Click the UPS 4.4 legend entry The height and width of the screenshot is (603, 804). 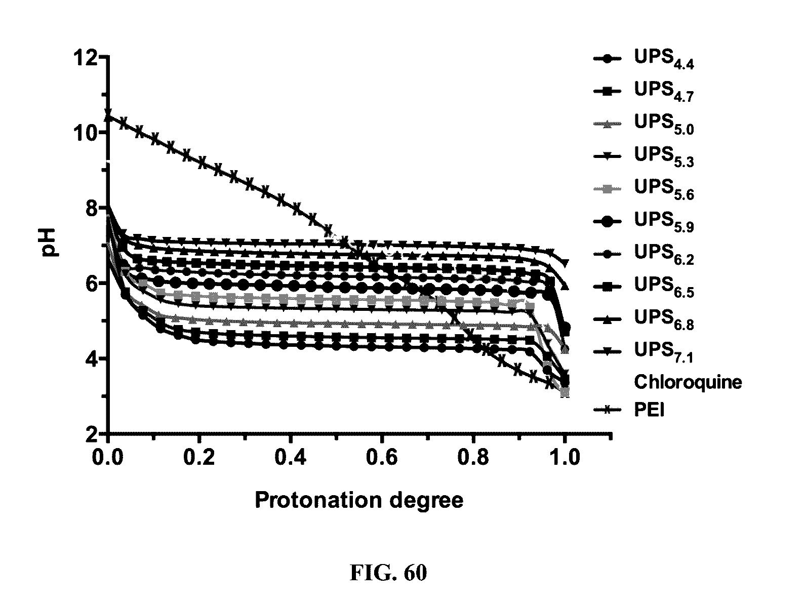663,59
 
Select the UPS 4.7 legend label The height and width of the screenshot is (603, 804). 663,92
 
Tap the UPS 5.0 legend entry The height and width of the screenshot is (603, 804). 663,125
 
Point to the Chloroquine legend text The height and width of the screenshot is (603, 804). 688,382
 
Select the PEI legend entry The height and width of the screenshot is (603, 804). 649,410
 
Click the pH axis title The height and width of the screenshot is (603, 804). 51,242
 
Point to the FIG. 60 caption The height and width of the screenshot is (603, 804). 388,573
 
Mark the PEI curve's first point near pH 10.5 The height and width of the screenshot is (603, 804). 108,116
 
